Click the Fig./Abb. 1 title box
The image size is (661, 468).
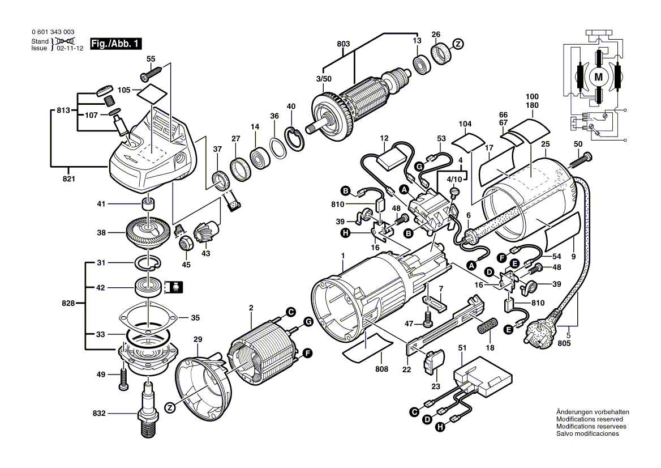[x=117, y=44]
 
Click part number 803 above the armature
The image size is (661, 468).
[x=344, y=44]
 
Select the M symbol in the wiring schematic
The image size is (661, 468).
[x=598, y=75]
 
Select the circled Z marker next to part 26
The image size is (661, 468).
[x=458, y=44]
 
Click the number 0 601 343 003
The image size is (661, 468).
[x=53, y=33]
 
